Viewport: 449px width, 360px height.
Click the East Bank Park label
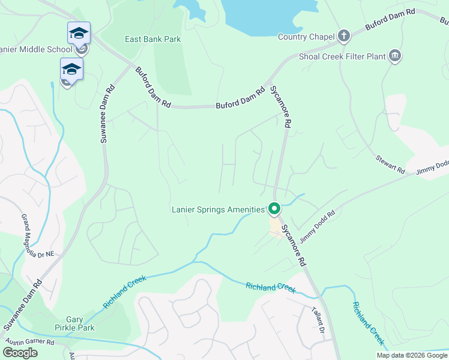coord(152,39)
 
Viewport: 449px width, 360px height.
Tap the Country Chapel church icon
coord(343,37)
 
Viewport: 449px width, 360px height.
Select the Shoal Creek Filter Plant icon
coord(395,56)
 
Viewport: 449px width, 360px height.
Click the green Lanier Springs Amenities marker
coord(274,209)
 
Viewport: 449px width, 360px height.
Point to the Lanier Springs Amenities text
coord(218,209)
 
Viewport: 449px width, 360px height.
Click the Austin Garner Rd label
coord(31,342)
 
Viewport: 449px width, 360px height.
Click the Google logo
coord(20,352)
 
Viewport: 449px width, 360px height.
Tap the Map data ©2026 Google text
coord(412,355)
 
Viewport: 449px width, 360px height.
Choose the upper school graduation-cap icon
coord(79,34)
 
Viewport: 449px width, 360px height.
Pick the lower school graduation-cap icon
coord(71,70)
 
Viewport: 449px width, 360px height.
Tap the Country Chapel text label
coord(306,37)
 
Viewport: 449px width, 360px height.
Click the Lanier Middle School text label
coord(36,49)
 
